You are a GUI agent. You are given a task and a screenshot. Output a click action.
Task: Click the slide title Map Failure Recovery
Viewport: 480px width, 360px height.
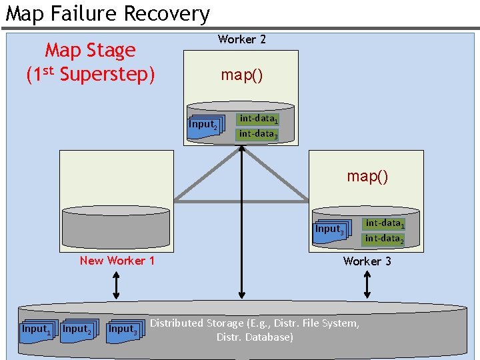point(107,13)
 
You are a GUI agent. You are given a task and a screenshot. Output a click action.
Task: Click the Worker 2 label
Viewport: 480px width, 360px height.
point(241,39)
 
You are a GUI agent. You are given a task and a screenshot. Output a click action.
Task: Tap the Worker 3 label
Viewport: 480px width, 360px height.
point(367,261)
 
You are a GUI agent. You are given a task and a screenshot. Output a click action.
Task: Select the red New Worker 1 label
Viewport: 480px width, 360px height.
point(117,261)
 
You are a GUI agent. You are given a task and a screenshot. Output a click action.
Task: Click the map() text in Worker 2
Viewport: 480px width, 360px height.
point(241,75)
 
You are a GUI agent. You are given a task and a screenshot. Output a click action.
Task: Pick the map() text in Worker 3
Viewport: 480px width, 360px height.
point(367,176)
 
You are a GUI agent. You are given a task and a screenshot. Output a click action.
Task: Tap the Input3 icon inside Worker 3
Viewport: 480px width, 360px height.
point(330,230)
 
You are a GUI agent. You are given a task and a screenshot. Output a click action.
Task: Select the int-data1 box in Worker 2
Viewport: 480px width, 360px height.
point(258,119)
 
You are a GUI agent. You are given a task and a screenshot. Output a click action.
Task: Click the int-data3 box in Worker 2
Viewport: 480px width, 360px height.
point(258,134)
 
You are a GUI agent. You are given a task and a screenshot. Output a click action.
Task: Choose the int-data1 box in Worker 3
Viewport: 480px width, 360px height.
point(384,223)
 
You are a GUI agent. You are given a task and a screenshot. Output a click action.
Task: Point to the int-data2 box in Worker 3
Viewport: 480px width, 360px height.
point(384,239)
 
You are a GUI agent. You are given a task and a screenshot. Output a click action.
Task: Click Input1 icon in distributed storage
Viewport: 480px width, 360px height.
point(35,329)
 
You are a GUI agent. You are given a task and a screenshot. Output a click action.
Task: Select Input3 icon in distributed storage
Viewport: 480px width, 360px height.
point(123,329)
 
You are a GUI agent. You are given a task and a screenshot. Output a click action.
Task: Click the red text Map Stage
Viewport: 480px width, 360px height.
point(90,50)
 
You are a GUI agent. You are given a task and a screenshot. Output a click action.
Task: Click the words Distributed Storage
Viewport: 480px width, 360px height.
point(196,323)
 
